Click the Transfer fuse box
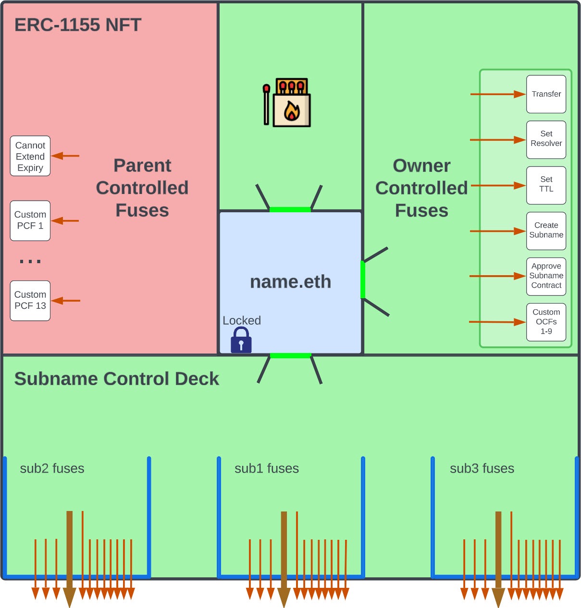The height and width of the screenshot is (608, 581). pyautogui.click(x=546, y=94)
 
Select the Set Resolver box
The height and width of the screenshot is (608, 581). pyautogui.click(x=546, y=139)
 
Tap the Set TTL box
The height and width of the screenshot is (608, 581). pyautogui.click(x=546, y=185)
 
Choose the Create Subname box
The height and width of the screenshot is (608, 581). pyautogui.click(x=546, y=231)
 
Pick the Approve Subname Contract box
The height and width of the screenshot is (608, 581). pyautogui.click(x=546, y=276)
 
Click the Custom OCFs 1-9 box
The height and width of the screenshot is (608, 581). pyautogui.click(x=546, y=322)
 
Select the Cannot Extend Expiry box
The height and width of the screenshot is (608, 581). pyautogui.click(x=30, y=156)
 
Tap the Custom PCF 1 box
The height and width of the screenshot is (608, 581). pyautogui.click(x=30, y=220)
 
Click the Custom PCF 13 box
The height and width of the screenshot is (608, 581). pyautogui.click(x=30, y=301)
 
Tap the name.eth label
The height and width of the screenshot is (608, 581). pyautogui.click(x=290, y=281)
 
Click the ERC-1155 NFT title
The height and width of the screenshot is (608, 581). pyautogui.click(x=78, y=25)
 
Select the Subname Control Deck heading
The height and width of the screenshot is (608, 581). pyautogui.click(x=117, y=379)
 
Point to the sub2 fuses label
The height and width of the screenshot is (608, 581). pyautogui.click(x=52, y=468)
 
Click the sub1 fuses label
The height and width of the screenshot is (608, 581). pyautogui.click(x=267, y=468)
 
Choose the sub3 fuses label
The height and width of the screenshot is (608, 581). pyautogui.click(x=482, y=468)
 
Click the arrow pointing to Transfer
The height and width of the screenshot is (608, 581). pyautogui.click(x=497, y=94)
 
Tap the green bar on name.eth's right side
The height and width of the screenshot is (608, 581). pyautogui.click(x=363, y=280)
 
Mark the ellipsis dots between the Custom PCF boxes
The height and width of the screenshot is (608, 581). pyautogui.click(x=30, y=261)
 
